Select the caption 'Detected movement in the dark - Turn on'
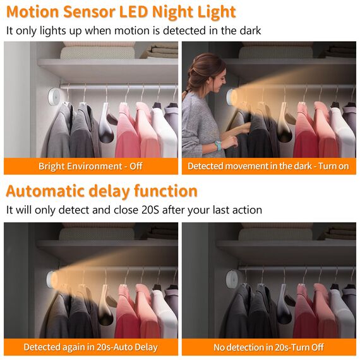click(x=268, y=166)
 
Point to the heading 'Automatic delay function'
click(x=102, y=191)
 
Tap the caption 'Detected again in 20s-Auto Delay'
click(x=91, y=347)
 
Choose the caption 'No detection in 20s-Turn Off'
click(x=268, y=347)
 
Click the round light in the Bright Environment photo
click(x=53, y=99)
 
